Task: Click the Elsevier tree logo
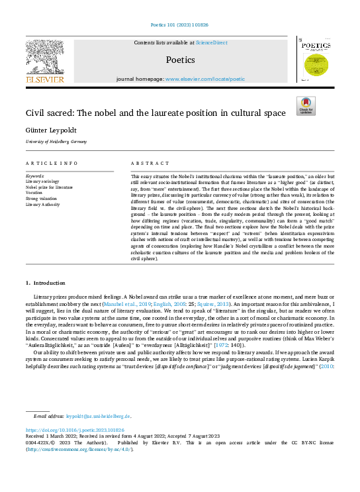pyautogui.click(x=45, y=60)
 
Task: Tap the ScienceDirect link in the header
pyautogui.click(x=212, y=42)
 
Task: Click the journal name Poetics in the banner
pyautogui.click(x=180, y=60)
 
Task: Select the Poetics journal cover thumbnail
pyautogui.click(x=316, y=60)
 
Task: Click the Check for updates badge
pyautogui.click(x=306, y=106)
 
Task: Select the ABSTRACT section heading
pyautogui.click(x=146, y=163)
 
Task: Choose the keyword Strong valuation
pyautogui.click(x=42, y=199)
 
